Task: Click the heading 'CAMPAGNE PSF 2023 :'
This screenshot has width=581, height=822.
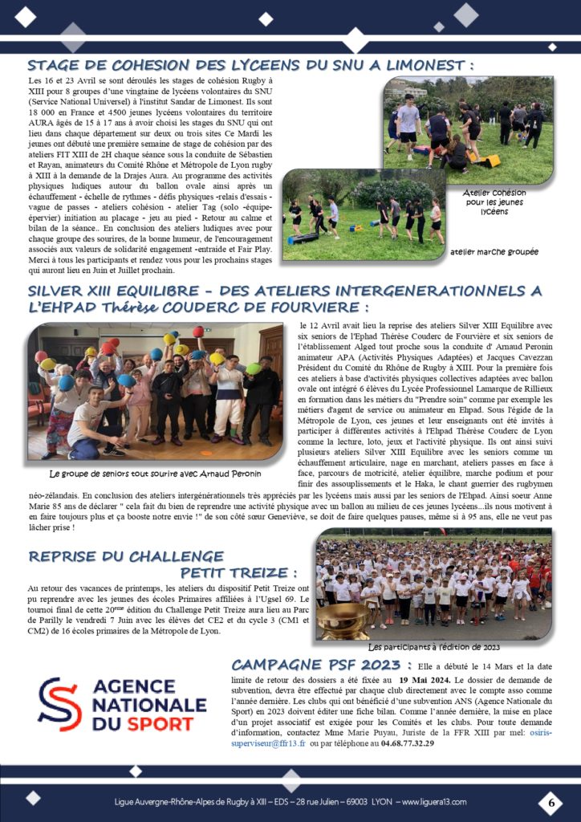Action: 321,665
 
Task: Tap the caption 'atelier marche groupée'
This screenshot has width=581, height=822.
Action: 496,251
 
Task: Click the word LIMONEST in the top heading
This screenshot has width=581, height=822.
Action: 421,65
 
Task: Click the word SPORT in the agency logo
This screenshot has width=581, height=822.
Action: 157,724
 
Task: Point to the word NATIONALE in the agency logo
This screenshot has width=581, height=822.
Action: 149,704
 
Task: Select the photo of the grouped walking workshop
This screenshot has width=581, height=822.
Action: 363,214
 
